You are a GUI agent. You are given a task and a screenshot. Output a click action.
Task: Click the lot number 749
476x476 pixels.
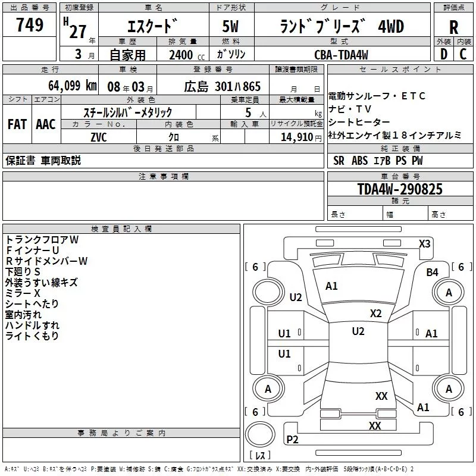click(29, 24)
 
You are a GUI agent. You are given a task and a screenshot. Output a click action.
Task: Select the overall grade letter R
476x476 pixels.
click(453, 27)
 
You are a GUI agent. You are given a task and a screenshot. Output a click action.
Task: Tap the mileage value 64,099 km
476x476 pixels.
click(73, 86)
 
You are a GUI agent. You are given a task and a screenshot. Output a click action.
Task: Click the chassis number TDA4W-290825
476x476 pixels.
click(400, 189)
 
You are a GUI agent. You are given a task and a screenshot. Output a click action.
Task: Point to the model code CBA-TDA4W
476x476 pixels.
click(341, 55)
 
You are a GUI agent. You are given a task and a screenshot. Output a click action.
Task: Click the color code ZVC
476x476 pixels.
click(99, 137)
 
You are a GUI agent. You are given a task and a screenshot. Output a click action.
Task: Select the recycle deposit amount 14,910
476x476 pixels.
click(297, 137)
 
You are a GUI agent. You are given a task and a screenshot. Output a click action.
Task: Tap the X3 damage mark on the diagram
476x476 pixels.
click(424, 244)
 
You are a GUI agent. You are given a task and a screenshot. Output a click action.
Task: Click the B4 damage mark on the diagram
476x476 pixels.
click(432, 273)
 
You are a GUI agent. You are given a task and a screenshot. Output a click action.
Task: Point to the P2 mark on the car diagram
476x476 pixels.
click(292, 439)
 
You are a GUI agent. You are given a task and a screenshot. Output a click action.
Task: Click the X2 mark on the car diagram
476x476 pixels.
click(375, 314)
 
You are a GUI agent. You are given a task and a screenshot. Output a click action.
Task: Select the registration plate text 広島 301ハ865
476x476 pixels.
click(222, 87)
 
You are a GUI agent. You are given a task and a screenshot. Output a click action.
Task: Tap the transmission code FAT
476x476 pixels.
click(17, 124)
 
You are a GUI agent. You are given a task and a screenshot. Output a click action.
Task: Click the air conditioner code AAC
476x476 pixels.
click(46, 124)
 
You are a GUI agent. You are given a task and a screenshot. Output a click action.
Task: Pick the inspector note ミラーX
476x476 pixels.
click(23, 293)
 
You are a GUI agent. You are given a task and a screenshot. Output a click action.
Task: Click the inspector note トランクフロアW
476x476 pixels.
click(42, 240)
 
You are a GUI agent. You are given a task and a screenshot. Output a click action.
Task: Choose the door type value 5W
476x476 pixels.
click(230, 26)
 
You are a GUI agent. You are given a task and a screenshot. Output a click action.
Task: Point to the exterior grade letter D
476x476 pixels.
click(444, 54)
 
